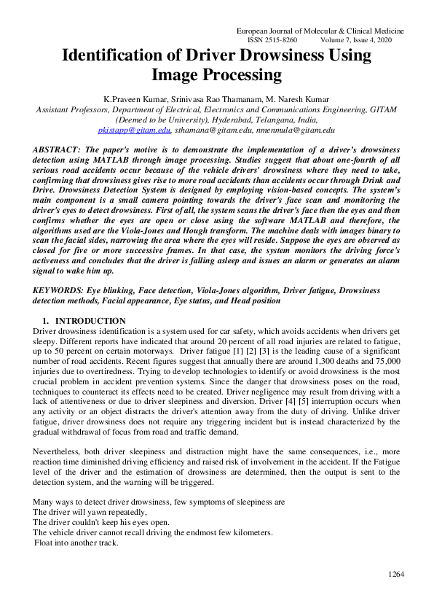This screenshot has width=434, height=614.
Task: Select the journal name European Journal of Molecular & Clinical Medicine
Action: coord(321,31)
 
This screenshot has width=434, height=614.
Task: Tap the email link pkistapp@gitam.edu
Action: coord(134,130)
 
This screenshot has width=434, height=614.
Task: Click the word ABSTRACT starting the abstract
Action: coord(57,149)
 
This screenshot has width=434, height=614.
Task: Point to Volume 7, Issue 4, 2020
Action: coord(362,41)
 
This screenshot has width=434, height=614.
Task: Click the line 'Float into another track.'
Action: coord(76,543)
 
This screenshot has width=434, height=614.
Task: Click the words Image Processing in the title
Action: coord(216,74)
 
